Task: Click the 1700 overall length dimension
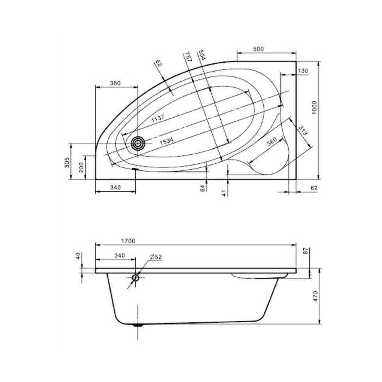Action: [128, 241]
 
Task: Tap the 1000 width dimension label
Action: [314, 108]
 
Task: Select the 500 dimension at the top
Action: [258, 49]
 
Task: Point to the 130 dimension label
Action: [303, 71]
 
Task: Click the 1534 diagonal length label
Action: [167, 141]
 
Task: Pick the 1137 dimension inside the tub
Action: [158, 118]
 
